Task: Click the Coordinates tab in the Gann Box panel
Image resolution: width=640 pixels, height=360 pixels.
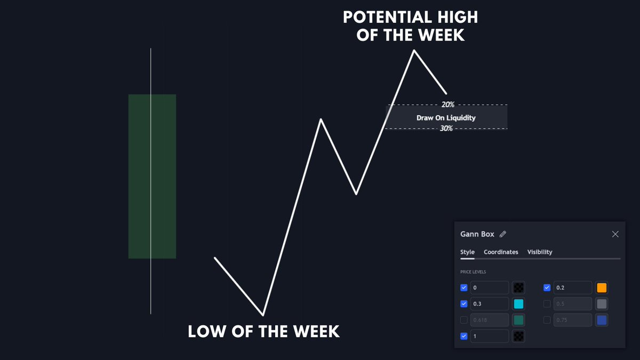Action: [501, 252]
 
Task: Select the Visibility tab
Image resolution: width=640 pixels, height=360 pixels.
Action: [540, 252]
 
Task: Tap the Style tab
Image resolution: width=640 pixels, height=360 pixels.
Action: [467, 252]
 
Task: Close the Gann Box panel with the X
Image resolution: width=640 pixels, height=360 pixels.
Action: [615, 234]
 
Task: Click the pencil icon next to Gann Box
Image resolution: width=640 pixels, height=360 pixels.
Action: [503, 234]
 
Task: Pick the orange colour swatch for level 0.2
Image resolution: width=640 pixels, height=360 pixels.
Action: [602, 288]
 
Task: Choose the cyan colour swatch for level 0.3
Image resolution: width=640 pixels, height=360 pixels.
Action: [518, 304]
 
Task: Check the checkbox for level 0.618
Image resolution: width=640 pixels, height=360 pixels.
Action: [463, 320]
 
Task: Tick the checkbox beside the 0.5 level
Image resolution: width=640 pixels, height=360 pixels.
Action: [547, 304]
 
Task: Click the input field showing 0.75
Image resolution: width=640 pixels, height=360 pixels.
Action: [572, 320]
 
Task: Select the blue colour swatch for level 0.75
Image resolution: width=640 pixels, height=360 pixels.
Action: [602, 320]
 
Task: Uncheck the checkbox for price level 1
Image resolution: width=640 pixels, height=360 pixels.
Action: [463, 336]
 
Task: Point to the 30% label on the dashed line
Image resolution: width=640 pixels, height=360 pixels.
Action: [446, 129]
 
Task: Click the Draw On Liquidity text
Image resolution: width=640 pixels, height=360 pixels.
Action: [446, 117]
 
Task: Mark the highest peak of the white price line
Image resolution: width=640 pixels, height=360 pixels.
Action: [413, 51]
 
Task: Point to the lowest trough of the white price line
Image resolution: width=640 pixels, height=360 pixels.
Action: [263, 314]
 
